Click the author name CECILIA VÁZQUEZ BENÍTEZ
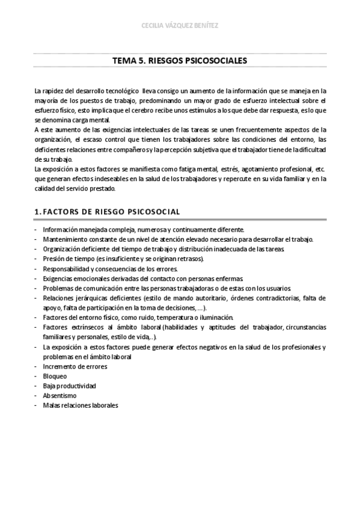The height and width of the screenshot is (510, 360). [x=180, y=25]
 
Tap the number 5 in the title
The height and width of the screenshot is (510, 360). [x=142, y=61]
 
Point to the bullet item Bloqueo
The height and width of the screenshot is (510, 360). [x=55, y=376]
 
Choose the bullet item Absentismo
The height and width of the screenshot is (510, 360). [x=59, y=395]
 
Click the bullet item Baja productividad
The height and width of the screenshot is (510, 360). [x=69, y=386]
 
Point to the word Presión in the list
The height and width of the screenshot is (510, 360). [x=54, y=259]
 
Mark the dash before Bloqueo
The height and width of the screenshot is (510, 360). [x=36, y=376]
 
